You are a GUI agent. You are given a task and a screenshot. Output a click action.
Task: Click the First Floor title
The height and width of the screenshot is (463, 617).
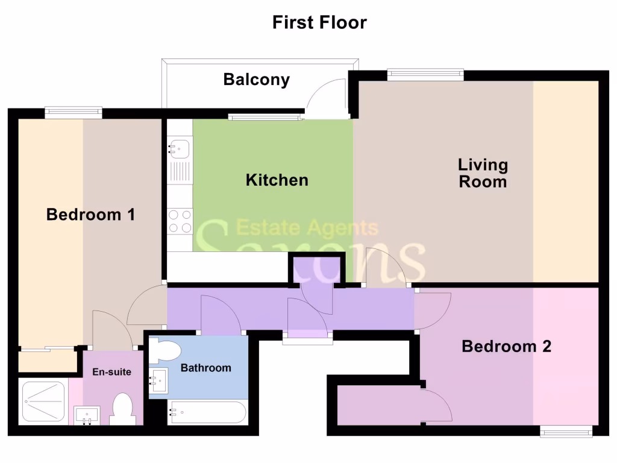319,23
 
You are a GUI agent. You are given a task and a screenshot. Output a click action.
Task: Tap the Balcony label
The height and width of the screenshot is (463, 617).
257,80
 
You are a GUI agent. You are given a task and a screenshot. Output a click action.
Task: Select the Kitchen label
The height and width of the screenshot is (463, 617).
277,180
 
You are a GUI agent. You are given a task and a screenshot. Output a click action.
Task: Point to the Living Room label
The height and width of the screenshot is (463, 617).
483,173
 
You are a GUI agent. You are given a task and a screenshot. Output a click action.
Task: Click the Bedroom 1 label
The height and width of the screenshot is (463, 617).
90,214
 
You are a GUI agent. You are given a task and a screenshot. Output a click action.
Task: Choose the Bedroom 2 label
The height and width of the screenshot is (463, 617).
506,347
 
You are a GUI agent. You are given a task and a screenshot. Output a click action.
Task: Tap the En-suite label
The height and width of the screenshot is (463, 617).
111,372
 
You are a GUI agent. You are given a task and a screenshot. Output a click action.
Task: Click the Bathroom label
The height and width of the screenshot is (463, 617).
206,368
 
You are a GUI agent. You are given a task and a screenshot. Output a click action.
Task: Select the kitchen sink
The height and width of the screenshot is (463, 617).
180,147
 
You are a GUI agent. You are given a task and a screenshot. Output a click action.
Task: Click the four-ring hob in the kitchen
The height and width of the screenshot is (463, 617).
180,221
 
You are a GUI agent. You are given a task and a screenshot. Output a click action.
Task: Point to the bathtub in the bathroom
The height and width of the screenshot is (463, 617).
208,413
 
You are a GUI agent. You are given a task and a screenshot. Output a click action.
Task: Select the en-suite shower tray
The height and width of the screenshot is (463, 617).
43,402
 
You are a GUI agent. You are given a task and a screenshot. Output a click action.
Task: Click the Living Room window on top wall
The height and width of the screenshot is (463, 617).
425,75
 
